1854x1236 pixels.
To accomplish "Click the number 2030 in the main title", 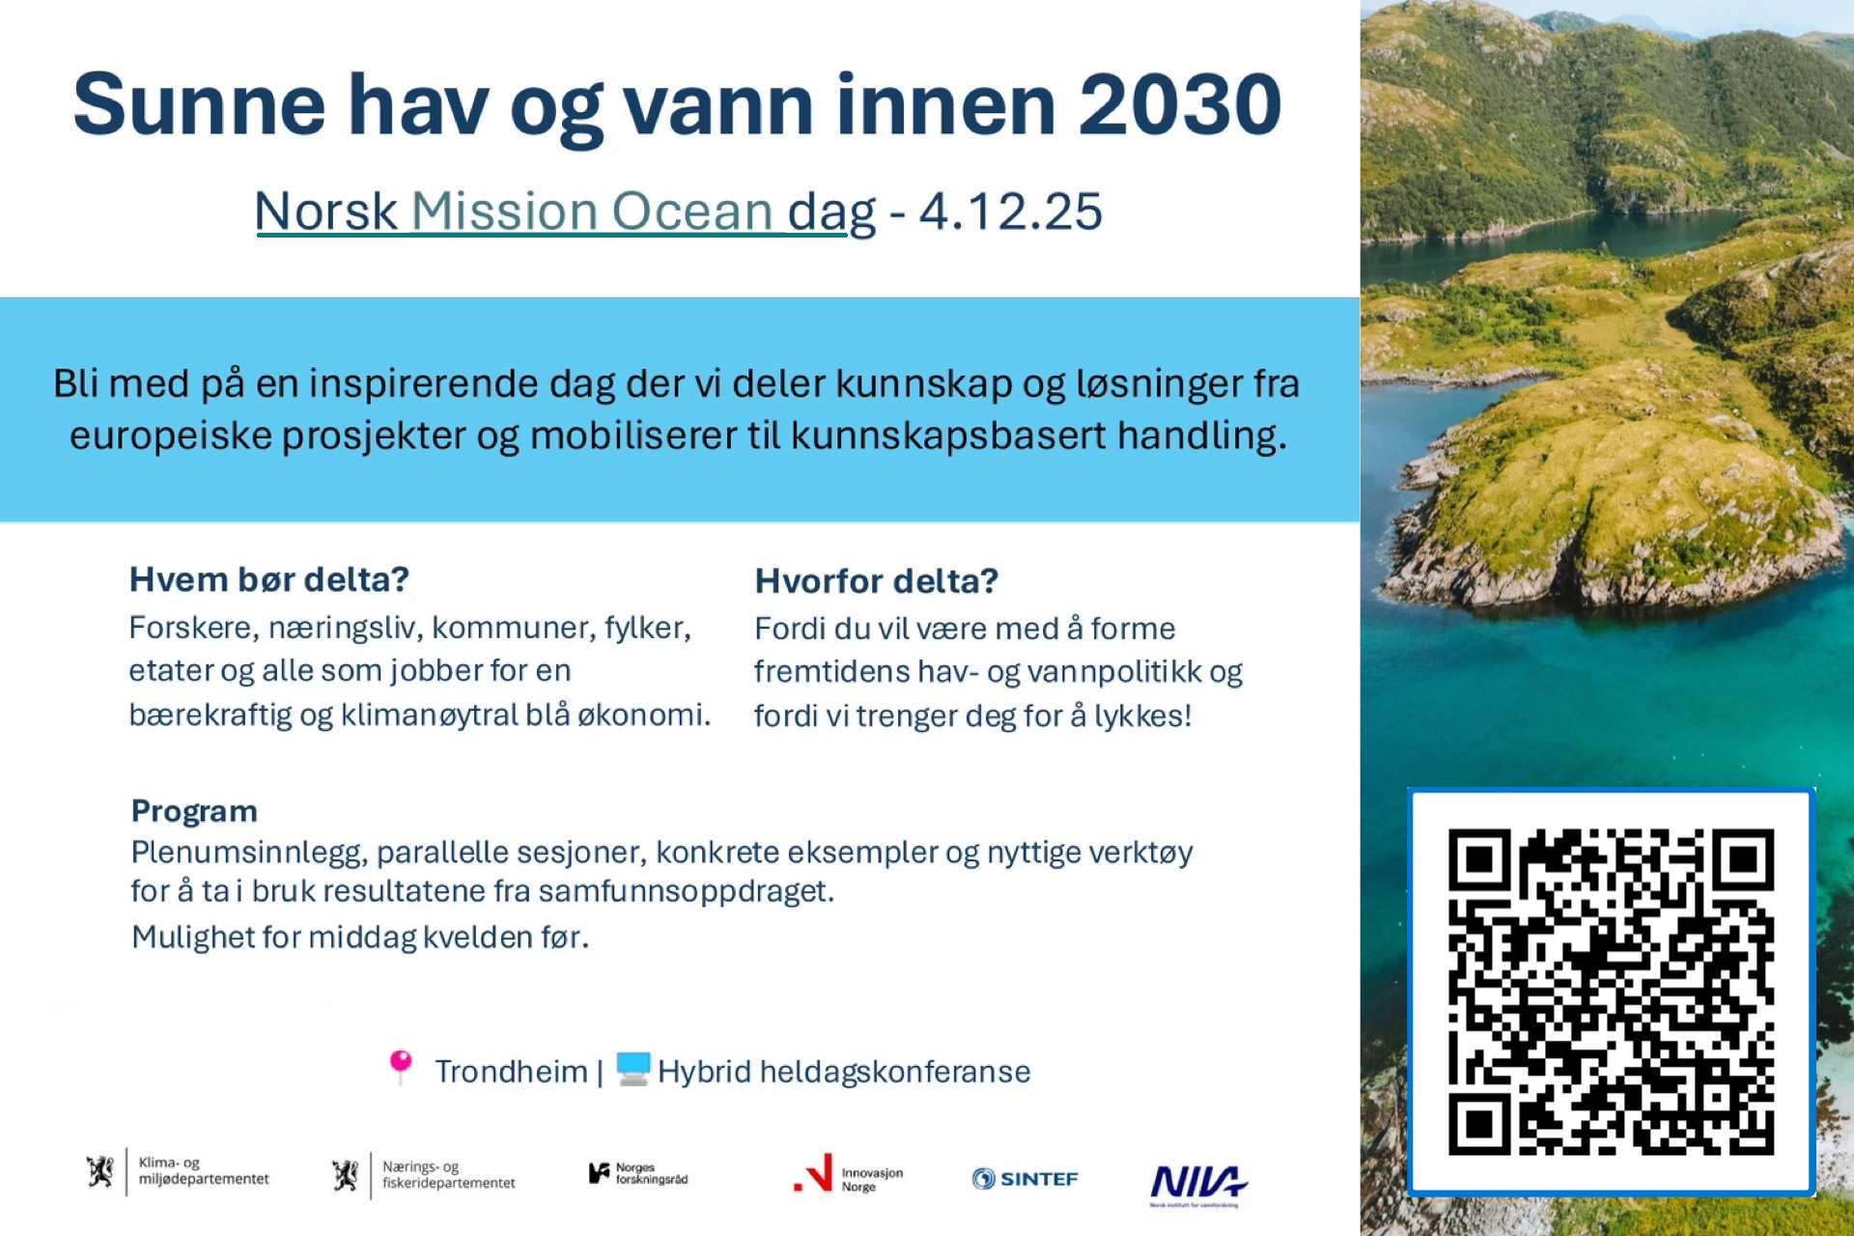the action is point(1180,104).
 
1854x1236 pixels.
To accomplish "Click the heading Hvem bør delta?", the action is point(269,579).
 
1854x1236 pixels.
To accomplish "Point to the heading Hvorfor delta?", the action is point(876,581).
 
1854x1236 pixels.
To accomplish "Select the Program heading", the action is point(194,811).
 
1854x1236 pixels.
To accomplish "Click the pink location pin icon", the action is point(400,1067).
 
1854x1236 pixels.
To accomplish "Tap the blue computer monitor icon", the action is point(633,1068).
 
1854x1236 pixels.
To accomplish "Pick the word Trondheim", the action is point(511,1072).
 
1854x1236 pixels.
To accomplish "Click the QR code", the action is point(1611,992).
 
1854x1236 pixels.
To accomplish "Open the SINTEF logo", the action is point(1025,1178).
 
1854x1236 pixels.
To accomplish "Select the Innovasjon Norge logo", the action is point(848,1174).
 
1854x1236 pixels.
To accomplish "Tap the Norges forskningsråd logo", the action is point(638,1173).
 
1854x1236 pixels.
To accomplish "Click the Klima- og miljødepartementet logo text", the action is point(204,1170).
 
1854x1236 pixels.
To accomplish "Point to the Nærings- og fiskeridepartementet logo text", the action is point(448,1174).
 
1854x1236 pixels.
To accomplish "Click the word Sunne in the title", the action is point(200,104).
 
